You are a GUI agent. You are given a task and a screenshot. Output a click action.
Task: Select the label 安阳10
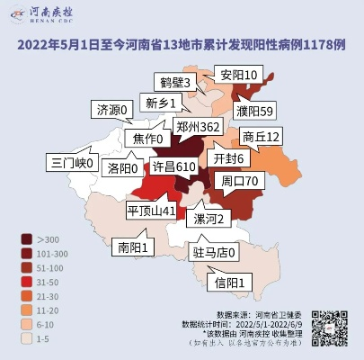pos(239,75)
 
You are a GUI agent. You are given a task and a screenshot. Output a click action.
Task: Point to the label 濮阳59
pos(254,112)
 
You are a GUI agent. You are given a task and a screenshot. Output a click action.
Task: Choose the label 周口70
pos(240,180)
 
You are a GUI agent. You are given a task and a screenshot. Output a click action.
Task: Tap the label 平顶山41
pos(151,210)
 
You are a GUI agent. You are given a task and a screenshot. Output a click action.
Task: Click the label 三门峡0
pos(72,163)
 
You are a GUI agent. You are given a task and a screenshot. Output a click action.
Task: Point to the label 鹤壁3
pos(173,83)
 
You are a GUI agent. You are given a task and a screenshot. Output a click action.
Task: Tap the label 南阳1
pos(132,245)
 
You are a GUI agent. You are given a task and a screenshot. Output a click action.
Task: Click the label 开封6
pos(228,157)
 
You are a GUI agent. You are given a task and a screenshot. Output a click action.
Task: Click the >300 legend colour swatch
pos(28,238)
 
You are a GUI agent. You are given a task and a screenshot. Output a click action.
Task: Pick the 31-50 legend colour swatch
pos(28,282)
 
